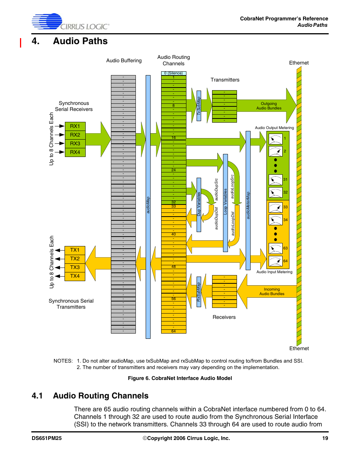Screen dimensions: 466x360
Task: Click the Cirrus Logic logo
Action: pos(71,22)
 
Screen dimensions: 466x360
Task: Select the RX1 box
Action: pos(75,126)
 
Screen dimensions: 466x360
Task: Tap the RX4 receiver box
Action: pos(75,152)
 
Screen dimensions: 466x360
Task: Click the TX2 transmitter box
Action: pos(75,259)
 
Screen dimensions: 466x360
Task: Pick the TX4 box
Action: pos(75,276)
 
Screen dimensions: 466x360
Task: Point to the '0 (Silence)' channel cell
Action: pos(174,73)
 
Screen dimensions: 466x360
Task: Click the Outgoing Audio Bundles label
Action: pos(269,106)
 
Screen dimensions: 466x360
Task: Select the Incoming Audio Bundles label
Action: pos(272,292)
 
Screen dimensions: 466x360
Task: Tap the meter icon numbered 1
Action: pos(275,139)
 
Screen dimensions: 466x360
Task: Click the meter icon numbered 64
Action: pos(275,261)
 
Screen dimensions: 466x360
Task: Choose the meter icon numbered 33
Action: pos(275,207)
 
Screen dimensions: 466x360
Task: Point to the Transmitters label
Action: pos(225,80)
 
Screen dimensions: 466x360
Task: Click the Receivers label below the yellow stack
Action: pos(224,317)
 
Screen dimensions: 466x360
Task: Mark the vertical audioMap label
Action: pos(148,205)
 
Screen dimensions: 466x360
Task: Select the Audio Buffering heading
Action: pos(124,61)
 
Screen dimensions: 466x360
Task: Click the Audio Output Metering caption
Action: pos(274,128)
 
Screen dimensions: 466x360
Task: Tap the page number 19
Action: pos(325,438)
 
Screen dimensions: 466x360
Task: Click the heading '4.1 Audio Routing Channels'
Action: pos(90,396)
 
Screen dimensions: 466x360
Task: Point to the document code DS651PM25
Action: pos(47,438)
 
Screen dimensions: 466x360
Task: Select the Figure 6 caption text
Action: pos(180,378)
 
